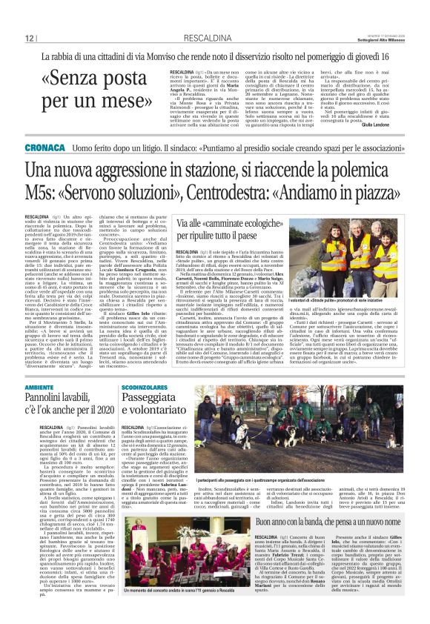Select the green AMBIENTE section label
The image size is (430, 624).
[x=39, y=388]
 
